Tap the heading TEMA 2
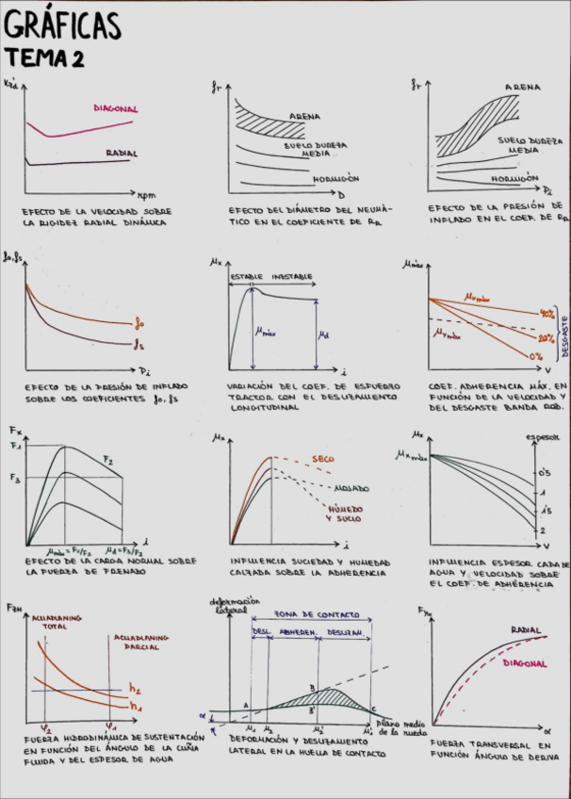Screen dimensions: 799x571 point(44,58)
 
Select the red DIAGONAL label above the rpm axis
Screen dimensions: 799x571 point(116,108)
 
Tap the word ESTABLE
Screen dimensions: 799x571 point(247,277)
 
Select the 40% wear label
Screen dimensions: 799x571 point(546,313)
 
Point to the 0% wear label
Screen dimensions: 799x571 point(536,357)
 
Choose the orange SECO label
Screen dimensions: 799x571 point(322,459)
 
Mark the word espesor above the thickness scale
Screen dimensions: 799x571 point(543,436)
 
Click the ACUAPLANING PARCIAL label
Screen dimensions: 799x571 point(140,643)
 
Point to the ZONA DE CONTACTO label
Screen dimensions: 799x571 point(310,612)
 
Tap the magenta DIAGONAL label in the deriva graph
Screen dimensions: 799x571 point(524,663)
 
